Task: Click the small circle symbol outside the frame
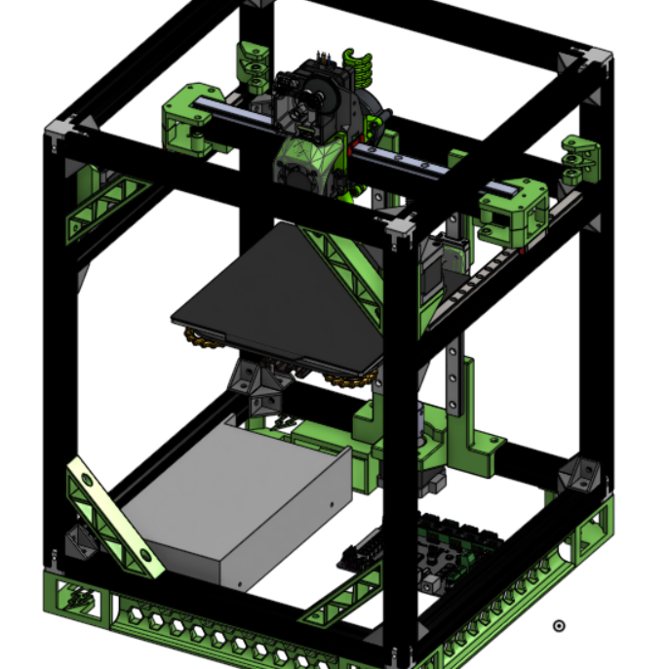click(559, 626)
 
